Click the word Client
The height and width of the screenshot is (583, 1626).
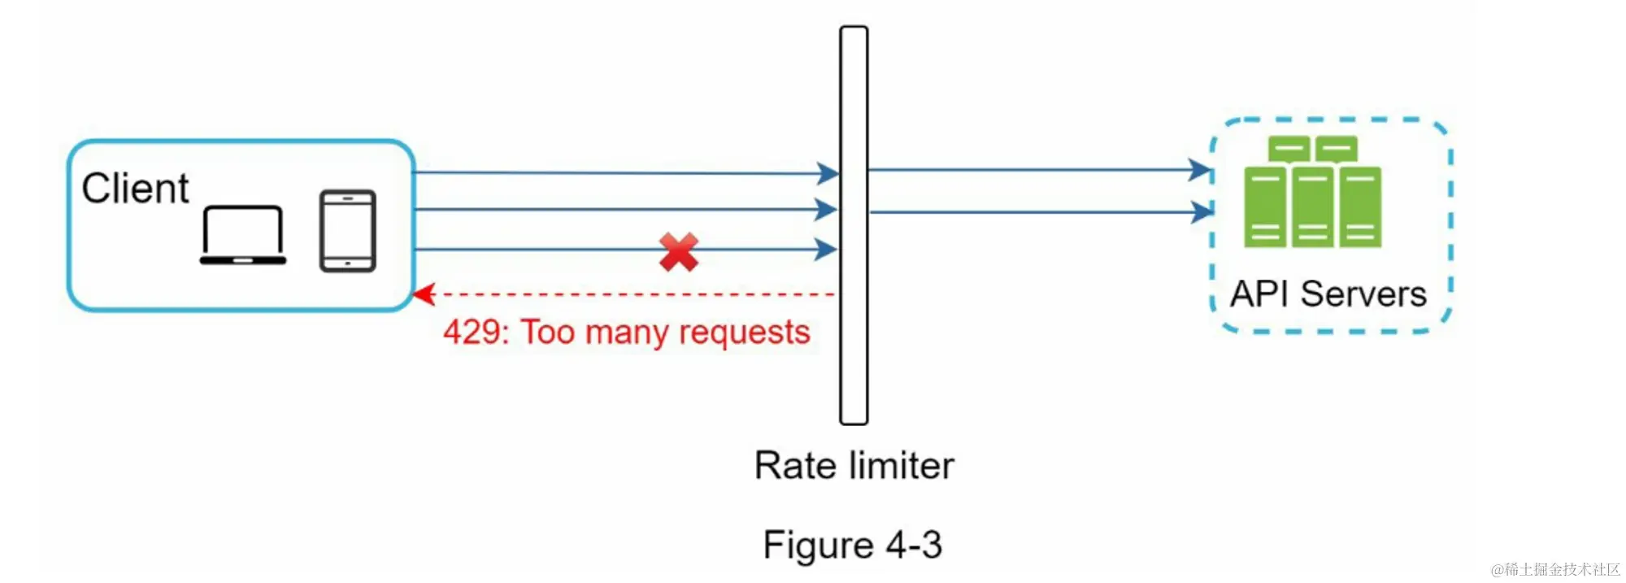[135, 189]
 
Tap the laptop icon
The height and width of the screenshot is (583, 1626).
[243, 235]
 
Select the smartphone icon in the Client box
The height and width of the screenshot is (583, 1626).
[347, 231]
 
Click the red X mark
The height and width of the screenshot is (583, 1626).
[679, 252]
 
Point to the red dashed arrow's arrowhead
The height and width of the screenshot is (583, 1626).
[424, 294]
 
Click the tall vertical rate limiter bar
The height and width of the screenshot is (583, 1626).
[854, 225]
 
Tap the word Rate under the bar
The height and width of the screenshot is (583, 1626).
[794, 466]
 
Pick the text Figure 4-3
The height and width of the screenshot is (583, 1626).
[852, 545]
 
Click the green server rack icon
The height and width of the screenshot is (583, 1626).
[1312, 192]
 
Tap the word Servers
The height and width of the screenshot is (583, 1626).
[1363, 294]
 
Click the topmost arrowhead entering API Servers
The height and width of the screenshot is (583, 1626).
[1201, 170]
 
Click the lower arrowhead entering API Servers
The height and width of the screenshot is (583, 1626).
[1202, 212]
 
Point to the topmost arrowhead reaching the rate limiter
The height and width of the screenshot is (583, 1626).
[828, 173]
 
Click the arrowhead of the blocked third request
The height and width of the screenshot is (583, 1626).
[827, 250]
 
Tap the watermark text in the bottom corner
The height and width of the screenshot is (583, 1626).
[1554, 569]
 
